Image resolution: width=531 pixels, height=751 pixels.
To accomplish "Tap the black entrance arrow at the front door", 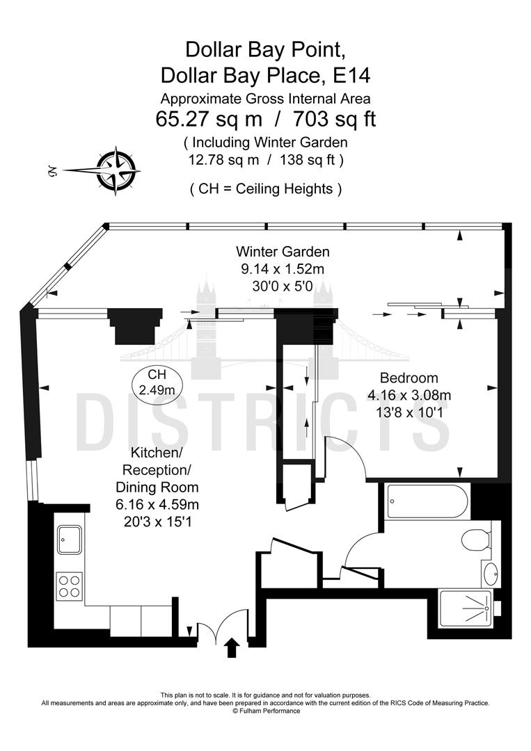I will (x=232, y=647).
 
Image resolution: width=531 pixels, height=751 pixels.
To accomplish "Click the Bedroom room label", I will (x=409, y=378).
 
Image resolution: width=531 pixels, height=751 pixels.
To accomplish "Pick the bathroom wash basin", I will (x=490, y=574).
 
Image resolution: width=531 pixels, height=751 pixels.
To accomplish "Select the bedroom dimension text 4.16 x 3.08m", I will (x=409, y=396).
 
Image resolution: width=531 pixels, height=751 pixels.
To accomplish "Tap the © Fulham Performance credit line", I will (x=266, y=711).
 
